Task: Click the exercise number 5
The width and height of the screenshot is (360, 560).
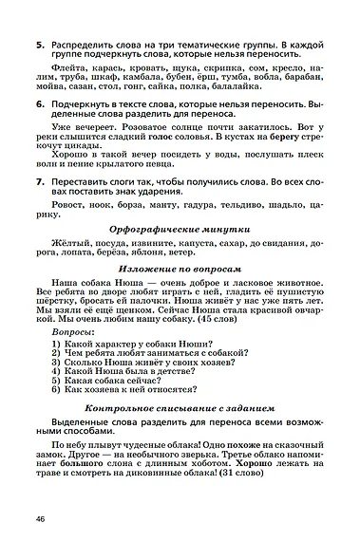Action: pyautogui.click(x=38, y=44)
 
